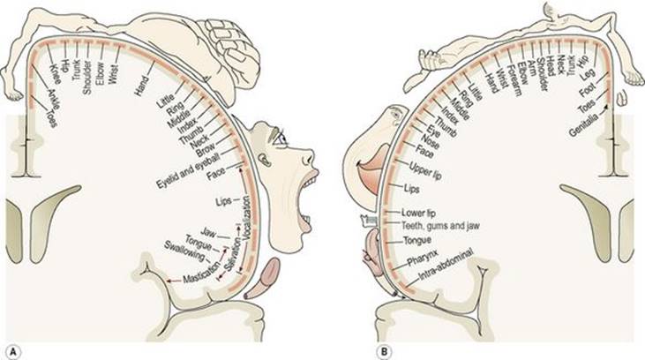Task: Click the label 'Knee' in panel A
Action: [56, 73]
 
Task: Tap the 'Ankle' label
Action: [54, 99]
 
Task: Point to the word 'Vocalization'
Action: [246, 217]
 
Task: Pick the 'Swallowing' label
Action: [184, 251]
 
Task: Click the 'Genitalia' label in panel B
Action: [584, 127]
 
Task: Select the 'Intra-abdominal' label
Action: [446, 264]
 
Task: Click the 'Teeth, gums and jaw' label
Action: [440, 226]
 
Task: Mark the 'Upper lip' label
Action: [425, 170]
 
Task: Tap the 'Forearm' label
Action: [514, 81]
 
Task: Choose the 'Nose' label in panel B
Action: [430, 141]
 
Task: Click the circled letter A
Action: [13, 352]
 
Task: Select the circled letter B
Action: [385, 352]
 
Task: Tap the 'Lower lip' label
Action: [418, 214]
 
